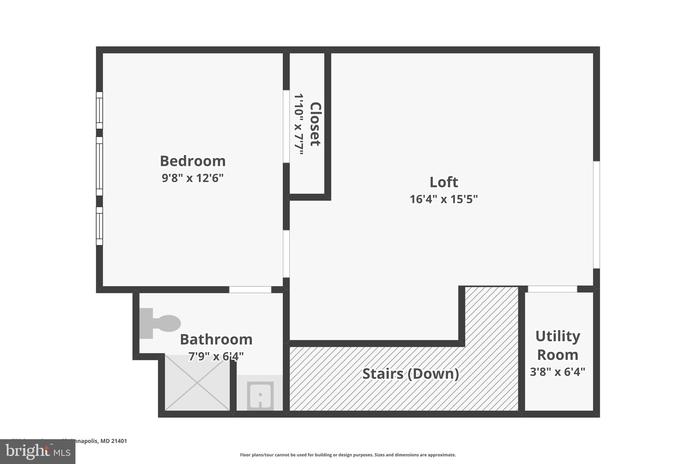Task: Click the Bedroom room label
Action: pyautogui.click(x=193, y=161)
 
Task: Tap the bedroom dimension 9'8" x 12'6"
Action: pyautogui.click(x=193, y=178)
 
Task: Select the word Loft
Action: pyautogui.click(x=443, y=182)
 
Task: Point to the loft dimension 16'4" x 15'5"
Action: pyautogui.click(x=443, y=199)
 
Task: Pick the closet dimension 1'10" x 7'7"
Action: pyautogui.click(x=299, y=124)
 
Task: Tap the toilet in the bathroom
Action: pyautogui.click(x=160, y=323)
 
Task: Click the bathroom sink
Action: pyautogui.click(x=260, y=395)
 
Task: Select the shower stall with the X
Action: pyautogui.click(x=197, y=382)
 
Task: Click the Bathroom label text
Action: pyautogui.click(x=216, y=340)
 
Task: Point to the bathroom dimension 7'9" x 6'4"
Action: pyautogui.click(x=216, y=357)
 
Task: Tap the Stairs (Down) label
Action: pyautogui.click(x=411, y=374)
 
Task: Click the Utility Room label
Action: pyautogui.click(x=557, y=345)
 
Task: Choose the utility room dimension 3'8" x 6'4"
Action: pyautogui.click(x=557, y=372)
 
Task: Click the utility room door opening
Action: pyautogui.click(x=552, y=289)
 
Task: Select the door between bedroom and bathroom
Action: pyautogui.click(x=250, y=290)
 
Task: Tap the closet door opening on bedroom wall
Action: pyautogui.click(x=286, y=126)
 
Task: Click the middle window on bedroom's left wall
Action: pyautogui.click(x=99, y=166)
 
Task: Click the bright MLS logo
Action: pyautogui.click(x=38, y=452)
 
